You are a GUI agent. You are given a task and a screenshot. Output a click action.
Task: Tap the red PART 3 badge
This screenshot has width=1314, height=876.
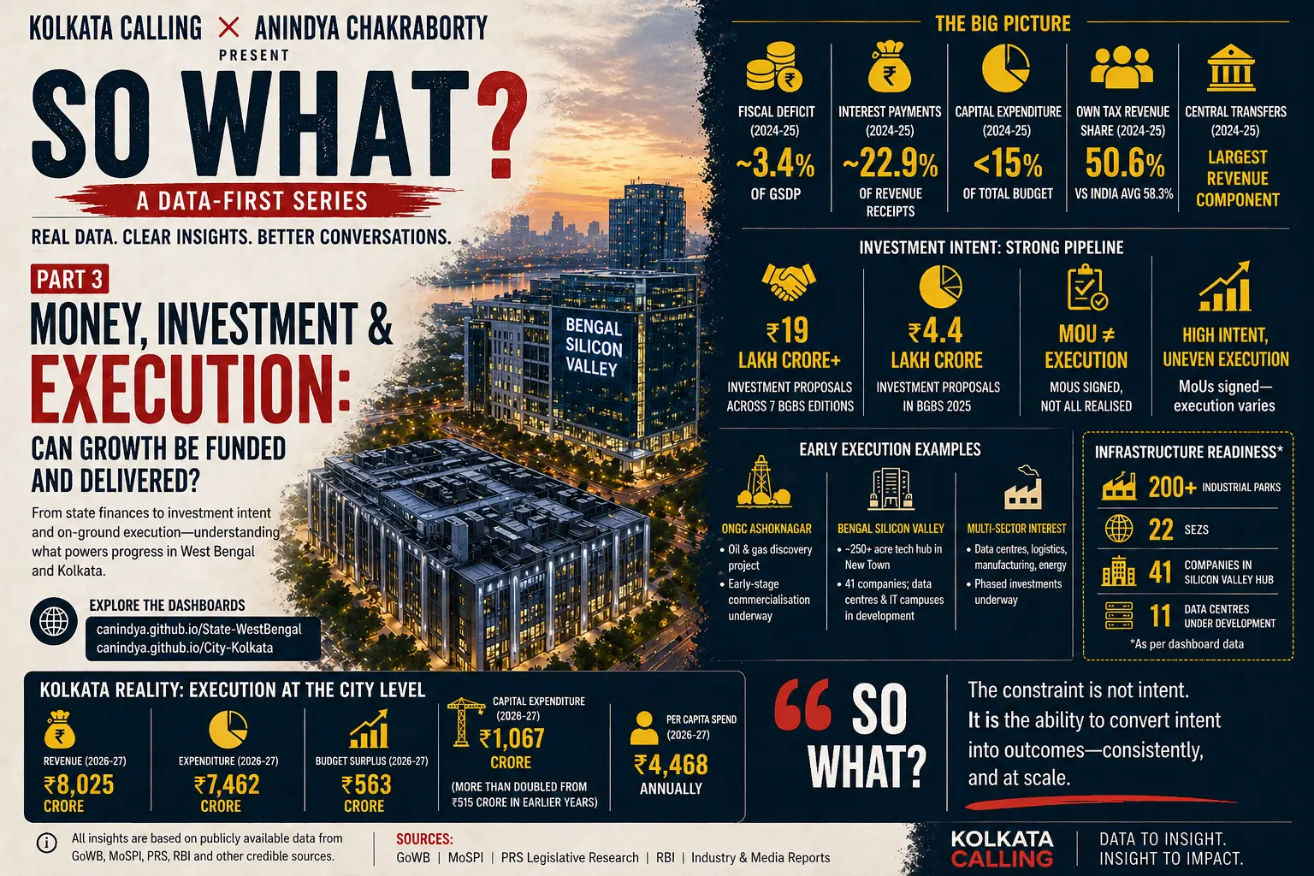[70, 280]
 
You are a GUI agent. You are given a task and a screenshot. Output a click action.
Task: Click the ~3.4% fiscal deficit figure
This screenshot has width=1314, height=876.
[776, 163]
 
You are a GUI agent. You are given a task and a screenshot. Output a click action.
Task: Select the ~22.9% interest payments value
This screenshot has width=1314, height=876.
[890, 163]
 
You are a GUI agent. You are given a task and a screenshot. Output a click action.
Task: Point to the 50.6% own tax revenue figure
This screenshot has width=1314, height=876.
[1124, 163]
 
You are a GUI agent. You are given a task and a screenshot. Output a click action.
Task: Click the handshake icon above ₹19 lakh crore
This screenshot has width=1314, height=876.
[789, 281]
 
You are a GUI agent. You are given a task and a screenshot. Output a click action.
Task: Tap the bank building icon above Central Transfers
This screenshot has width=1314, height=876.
[1231, 69]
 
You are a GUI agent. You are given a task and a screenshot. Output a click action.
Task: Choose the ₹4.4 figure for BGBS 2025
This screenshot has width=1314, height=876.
[936, 331]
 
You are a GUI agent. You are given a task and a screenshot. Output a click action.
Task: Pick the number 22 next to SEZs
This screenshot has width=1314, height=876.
[1161, 530]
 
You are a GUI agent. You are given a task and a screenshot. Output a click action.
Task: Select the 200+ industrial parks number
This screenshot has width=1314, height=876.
[1172, 488]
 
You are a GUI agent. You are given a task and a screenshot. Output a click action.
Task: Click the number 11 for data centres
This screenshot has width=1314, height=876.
[1161, 616]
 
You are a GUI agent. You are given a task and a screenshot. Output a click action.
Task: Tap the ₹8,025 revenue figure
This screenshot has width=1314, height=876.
[79, 784]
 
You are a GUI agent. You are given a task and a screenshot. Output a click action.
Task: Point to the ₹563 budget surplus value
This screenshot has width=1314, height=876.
[366, 784]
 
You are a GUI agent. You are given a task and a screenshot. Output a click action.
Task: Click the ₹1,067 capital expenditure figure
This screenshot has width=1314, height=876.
[512, 738]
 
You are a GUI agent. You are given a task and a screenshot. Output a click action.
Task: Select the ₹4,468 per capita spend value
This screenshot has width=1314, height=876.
[671, 764]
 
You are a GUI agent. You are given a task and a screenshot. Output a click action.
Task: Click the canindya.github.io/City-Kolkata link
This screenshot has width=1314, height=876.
[185, 648]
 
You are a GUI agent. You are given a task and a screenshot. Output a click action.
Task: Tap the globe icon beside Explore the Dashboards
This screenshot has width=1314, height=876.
[54, 620]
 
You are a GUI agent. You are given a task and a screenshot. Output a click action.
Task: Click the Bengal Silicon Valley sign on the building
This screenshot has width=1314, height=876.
[593, 347]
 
